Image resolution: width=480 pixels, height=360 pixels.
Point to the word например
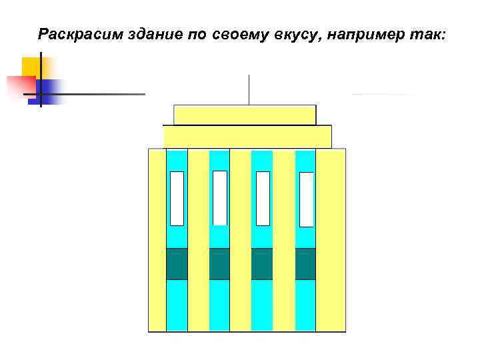pos(367,34)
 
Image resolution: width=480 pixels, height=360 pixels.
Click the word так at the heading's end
pos(428,34)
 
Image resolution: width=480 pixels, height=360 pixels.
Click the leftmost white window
pos(177,198)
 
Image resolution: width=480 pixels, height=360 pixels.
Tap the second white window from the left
pos(219,198)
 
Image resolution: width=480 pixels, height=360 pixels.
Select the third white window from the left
pos(263,198)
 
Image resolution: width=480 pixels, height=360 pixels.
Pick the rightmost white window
pos(306,199)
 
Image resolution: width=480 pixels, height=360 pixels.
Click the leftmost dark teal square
pos(177,263)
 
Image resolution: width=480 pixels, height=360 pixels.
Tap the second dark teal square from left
pos(219,263)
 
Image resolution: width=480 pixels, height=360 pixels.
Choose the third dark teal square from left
pos(262,263)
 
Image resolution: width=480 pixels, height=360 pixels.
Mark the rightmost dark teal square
pos(305,263)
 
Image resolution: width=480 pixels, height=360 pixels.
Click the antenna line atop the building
pos(249,89)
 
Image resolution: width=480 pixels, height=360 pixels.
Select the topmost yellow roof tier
pos(244,115)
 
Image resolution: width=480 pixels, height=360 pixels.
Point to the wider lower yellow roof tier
pos(247,137)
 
